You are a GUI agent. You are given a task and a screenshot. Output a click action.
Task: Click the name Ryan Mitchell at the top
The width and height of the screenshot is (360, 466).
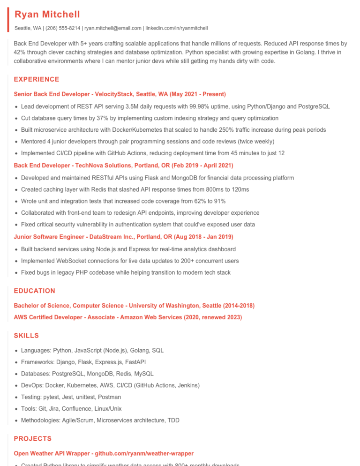pyautogui.click(x=47, y=15)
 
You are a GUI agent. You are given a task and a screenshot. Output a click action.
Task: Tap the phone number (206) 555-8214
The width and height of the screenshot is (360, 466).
pyautogui.click(x=63, y=28)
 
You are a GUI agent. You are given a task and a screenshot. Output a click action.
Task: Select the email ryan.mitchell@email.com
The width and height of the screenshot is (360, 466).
pyautogui.click(x=112, y=28)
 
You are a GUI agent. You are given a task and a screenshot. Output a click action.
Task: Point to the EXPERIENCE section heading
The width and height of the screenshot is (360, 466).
pyautogui.click(x=37, y=79)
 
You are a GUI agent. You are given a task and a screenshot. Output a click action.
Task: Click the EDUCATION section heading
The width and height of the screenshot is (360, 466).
pyautogui.click(x=34, y=291)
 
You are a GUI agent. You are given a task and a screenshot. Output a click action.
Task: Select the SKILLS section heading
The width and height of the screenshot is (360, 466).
pyautogui.click(x=26, y=336)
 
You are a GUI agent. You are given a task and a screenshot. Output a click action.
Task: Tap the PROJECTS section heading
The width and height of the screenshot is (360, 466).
pyautogui.click(x=32, y=439)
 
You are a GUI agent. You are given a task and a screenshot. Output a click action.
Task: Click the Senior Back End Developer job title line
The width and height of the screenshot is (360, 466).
pyautogui.click(x=120, y=94)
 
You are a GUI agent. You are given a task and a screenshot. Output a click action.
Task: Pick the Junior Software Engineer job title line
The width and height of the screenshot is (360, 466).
pyautogui.click(x=123, y=237)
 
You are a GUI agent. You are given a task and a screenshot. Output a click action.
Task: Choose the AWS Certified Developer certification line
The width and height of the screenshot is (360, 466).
pyautogui.click(x=127, y=317)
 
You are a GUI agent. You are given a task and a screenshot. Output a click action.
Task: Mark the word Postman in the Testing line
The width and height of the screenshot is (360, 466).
pyautogui.click(x=110, y=397)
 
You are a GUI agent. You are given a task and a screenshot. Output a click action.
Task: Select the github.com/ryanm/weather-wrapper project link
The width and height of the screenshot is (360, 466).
pyautogui.click(x=144, y=453)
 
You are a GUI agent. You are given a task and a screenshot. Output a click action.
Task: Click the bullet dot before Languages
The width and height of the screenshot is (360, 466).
pyautogui.click(x=16, y=351)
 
